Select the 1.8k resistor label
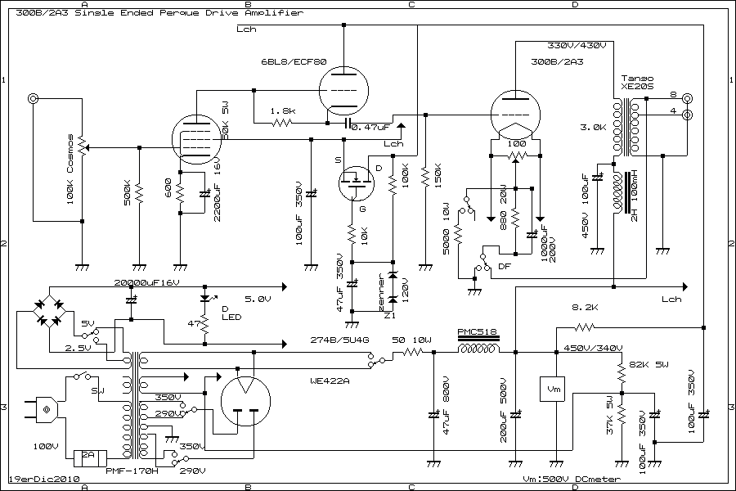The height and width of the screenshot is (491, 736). [282, 110]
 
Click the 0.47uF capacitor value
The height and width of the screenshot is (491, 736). [372, 127]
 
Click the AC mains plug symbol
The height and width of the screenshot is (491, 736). [46, 408]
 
